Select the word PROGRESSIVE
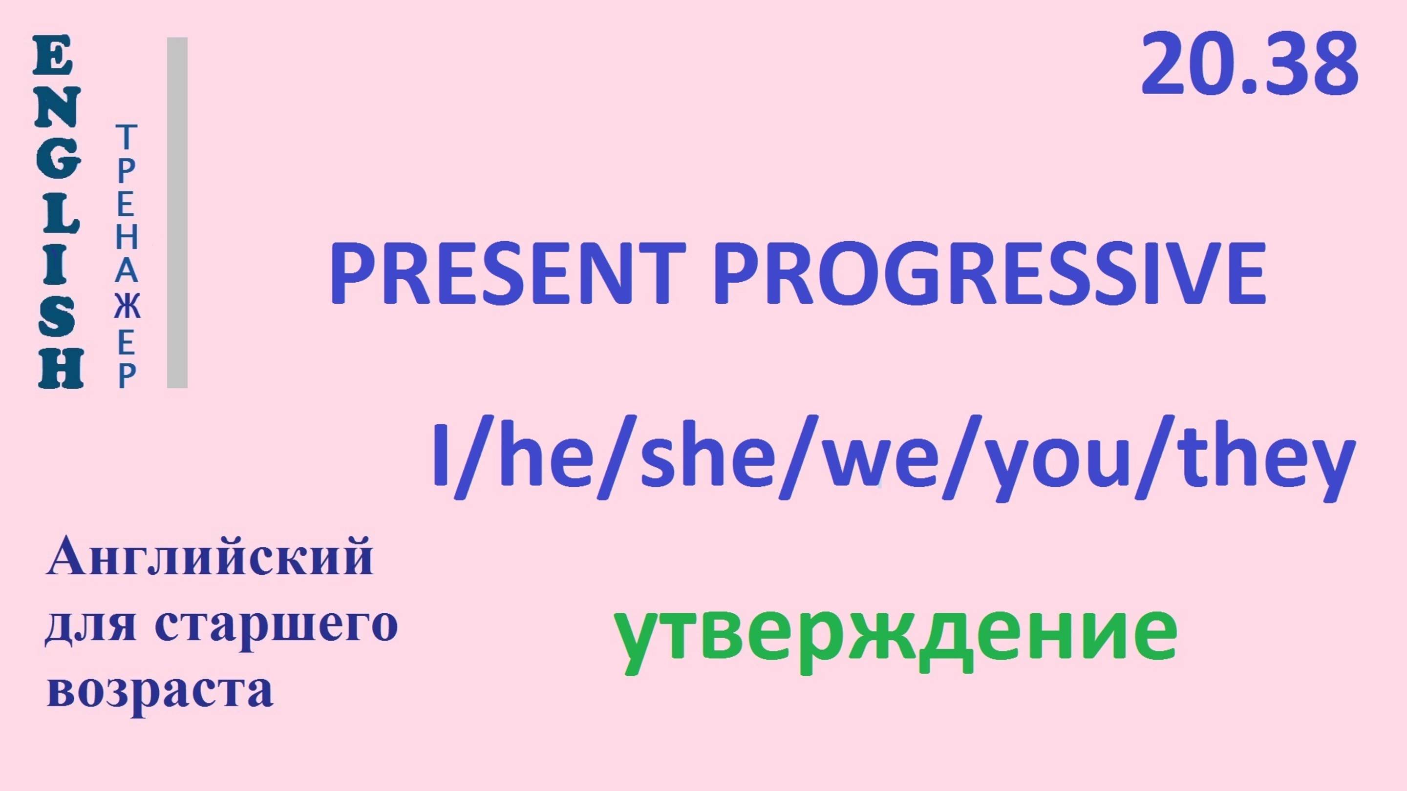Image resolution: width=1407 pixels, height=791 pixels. (x=989, y=273)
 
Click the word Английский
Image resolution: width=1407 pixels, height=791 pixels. (x=210, y=556)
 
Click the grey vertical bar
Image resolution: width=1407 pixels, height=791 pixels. (x=177, y=213)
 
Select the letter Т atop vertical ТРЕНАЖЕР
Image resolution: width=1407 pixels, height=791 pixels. (x=126, y=137)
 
